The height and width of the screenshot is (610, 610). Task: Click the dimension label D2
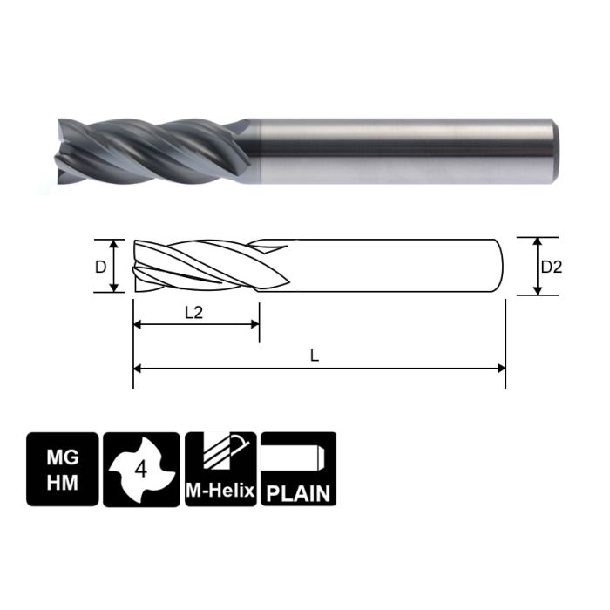552,267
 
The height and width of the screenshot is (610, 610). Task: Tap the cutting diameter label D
100,265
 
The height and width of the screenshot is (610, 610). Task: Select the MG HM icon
61,469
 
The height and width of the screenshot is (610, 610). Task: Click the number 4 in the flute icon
141,471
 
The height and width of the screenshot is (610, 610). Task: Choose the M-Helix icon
220,469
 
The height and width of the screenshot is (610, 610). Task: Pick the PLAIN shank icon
298,469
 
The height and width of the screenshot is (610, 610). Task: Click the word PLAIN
298,492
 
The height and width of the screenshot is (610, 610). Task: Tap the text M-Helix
220,492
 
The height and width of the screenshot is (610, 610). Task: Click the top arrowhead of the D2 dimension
538,242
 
